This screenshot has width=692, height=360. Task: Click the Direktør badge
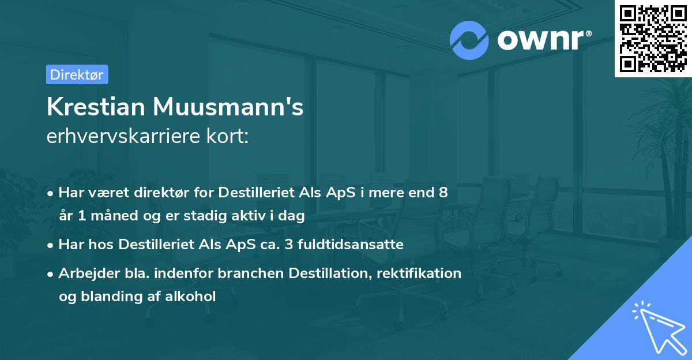pyautogui.click(x=77, y=74)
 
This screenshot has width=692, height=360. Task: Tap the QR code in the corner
pyautogui.click(x=653, y=38)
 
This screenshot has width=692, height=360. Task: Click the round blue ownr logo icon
pyautogui.click(x=469, y=40)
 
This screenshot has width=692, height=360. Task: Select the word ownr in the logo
pyautogui.click(x=541, y=39)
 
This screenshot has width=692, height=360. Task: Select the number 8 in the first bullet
pyautogui.click(x=443, y=193)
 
